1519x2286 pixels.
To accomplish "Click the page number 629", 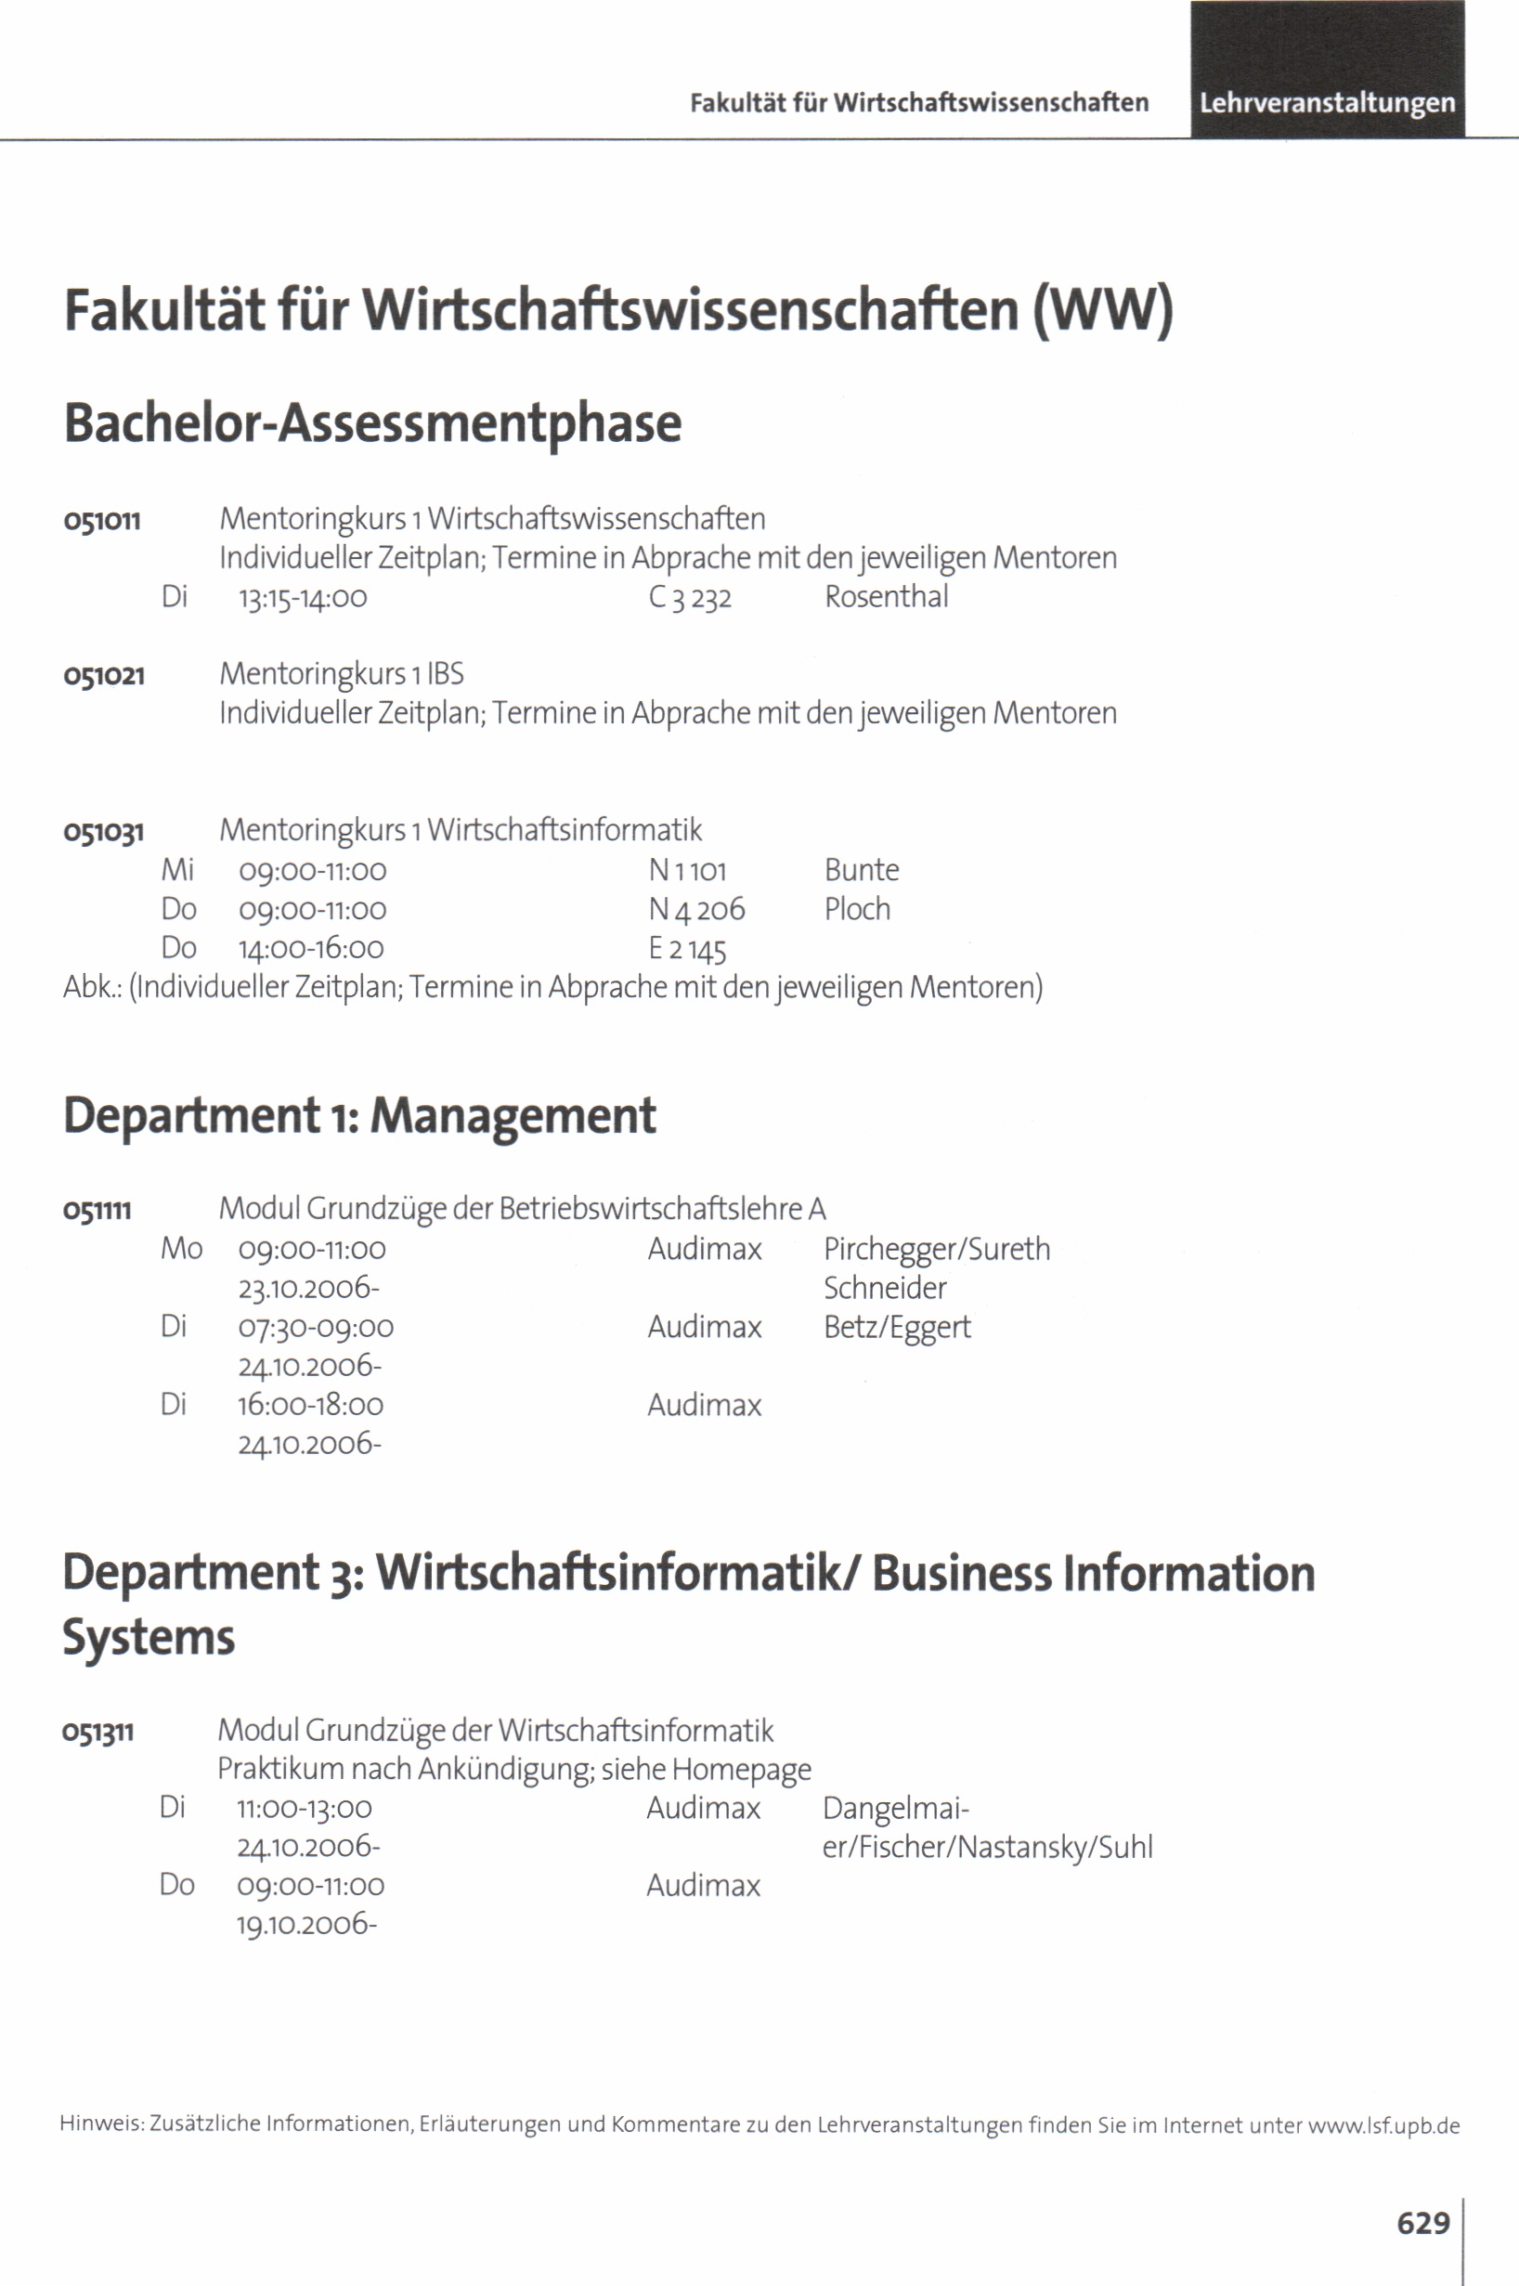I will [1422, 2222].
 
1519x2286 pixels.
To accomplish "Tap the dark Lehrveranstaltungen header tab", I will [1326, 103].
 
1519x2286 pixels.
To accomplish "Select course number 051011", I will [103, 521].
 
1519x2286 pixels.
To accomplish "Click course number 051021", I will [104, 675].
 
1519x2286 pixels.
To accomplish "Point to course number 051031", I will [104, 832].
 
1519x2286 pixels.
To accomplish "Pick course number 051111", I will [97, 1210].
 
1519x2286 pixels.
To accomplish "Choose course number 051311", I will [97, 1732].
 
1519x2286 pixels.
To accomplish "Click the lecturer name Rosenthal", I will [886, 597].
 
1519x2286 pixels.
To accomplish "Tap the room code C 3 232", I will [690, 598].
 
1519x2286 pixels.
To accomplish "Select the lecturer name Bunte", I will [862, 870].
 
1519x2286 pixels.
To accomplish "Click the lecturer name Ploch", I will [856, 909].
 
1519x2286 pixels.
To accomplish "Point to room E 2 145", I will [687, 948].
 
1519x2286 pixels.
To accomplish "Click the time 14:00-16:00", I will [311, 948].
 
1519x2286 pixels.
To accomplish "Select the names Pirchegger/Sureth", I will [936, 1249].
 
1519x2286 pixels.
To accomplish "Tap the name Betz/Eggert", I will [896, 1327].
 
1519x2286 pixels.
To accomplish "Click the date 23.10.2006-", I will [309, 1288].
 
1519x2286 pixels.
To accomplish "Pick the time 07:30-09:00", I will [316, 1327].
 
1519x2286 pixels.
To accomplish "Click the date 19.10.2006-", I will [307, 1924].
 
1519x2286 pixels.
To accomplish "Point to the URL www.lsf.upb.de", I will [1383, 2126].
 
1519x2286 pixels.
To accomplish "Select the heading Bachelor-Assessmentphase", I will [373, 423].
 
